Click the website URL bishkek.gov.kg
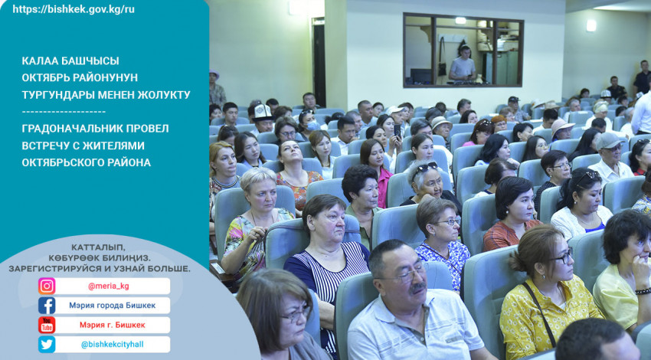(x=74, y=9)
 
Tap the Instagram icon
(x=47, y=286)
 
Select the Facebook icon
(x=47, y=306)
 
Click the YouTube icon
(x=47, y=325)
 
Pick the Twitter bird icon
(x=47, y=345)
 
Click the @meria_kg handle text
(x=108, y=286)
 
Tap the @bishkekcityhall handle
(x=112, y=345)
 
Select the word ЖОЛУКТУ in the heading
(x=165, y=95)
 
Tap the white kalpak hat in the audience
(x=263, y=112)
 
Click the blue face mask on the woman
(x=312, y=126)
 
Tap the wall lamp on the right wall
(x=591, y=26)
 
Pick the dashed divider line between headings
(x=64, y=112)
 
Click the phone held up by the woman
(x=397, y=131)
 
